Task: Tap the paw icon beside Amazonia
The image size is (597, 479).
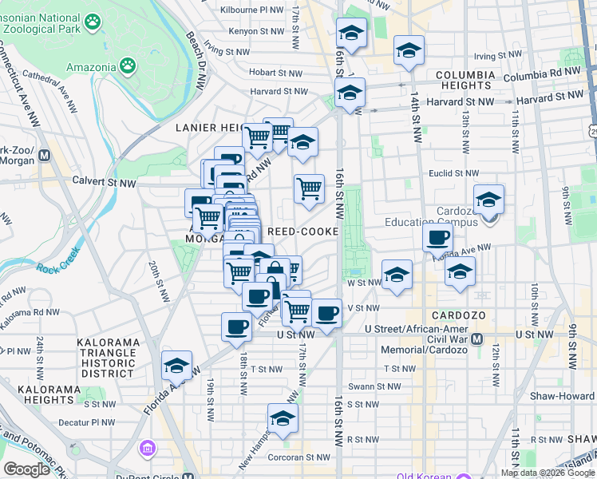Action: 128,63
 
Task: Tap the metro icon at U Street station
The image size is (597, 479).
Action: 476,339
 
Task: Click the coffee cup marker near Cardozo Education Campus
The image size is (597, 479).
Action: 438,237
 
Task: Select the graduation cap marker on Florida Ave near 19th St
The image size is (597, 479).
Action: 176,366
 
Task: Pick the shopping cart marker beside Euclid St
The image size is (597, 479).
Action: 309,189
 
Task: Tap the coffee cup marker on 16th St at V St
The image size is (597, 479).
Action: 326,313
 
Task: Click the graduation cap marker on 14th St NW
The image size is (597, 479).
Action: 409,52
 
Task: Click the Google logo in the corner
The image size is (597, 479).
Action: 26,469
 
